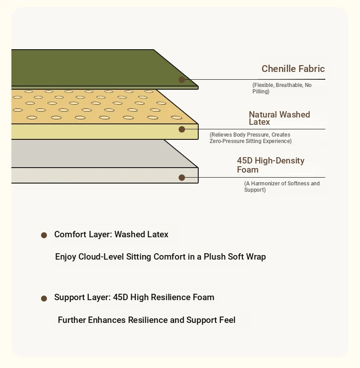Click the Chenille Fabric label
coord(293,69)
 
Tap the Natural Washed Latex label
coord(279,118)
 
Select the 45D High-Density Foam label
coord(270,165)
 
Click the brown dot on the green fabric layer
coord(182,80)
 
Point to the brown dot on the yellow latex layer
coord(182,129)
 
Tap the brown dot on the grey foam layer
coord(182,178)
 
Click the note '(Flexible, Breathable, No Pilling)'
coord(282,88)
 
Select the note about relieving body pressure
coord(250,138)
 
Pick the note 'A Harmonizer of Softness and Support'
coord(282,187)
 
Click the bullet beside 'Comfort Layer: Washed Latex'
coord(44,235)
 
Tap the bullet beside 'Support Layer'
coord(44,299)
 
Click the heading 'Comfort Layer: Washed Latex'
coord(111,235)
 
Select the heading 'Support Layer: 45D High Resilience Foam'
coord(134,297)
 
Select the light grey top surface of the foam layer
coord(91,153)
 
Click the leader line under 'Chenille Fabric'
coord(255,80)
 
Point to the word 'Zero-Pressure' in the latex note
coord(226,141)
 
